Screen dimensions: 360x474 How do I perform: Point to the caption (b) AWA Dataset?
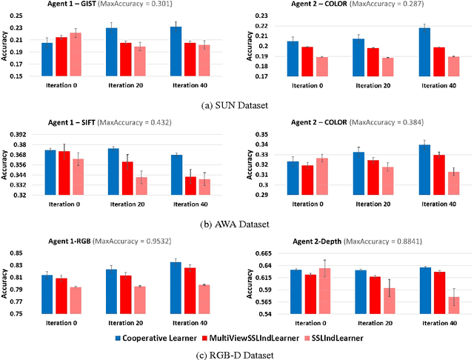coord(236,224)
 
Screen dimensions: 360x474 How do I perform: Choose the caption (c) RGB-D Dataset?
coord(236,355)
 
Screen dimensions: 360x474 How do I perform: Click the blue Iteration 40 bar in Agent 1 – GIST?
coord(176,51)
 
